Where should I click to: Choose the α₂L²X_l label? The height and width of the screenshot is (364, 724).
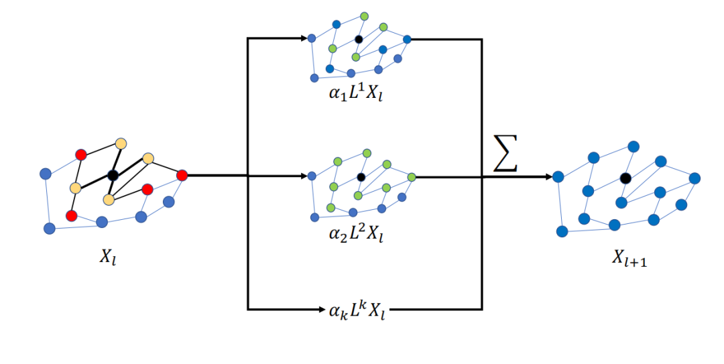click(355, 233)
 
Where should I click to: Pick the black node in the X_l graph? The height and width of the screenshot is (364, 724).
click(113, 176)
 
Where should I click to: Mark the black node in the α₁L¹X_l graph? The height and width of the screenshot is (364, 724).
click(359, 39)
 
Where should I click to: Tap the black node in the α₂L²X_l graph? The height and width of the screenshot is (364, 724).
click(361, 177)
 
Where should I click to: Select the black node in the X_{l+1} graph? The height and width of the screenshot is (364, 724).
click(625, 178)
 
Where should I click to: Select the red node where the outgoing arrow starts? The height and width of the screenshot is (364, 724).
click(182, 176)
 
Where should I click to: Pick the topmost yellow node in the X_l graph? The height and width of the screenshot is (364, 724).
click(121, 143)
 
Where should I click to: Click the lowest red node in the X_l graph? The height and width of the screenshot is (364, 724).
click(72, 216)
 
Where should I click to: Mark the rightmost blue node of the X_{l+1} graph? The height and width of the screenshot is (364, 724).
click(695, 178)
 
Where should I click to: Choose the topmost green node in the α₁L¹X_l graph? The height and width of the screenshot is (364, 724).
click(364, 15)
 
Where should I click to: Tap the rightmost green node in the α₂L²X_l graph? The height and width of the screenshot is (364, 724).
click(411, 177)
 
